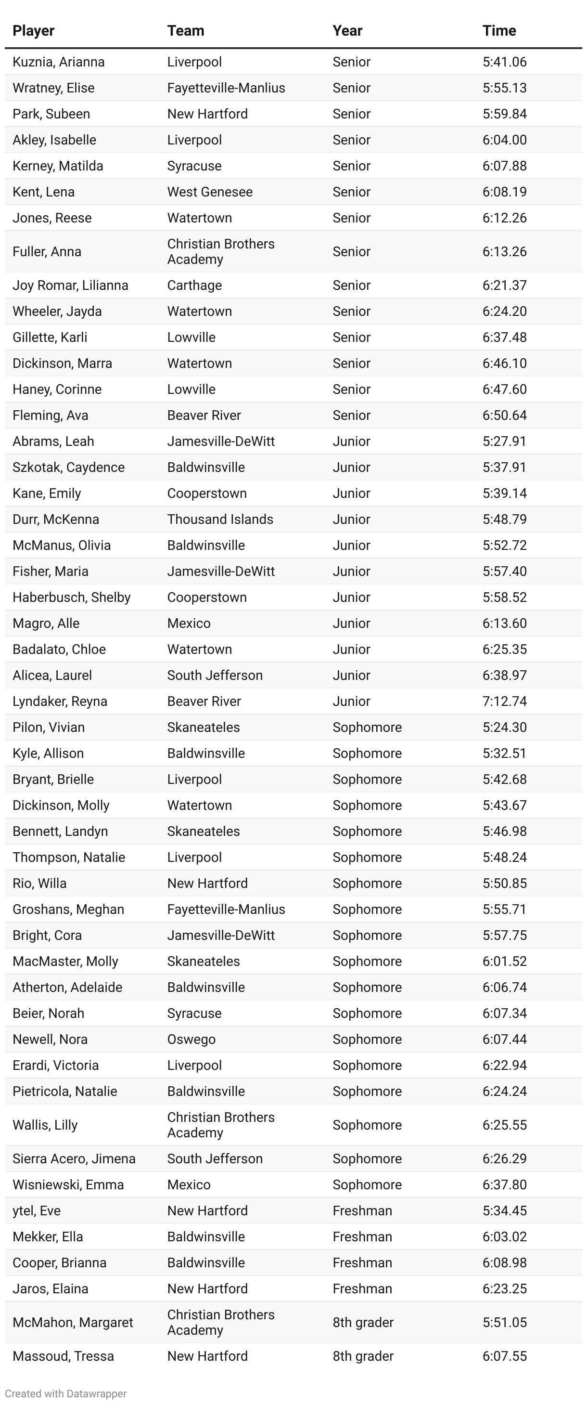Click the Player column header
point(33,30)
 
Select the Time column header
point(498,30)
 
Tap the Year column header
point(347,30)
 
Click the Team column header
point(185,30)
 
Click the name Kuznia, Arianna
point(58,62)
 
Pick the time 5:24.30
point(504,727)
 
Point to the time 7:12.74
point(504,701)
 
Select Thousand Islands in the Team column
point(220,519)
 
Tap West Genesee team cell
point(209,192)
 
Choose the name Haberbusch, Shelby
point(71,597)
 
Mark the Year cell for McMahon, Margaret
point(362,1322)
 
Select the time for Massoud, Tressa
point(504,1356)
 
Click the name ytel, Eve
point(37,1210)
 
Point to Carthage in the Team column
point(194,285)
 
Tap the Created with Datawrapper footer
point(65,1393)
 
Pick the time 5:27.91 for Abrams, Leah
point(504,441)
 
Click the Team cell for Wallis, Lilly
point(220,1125)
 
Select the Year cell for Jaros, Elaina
point(362,1288)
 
